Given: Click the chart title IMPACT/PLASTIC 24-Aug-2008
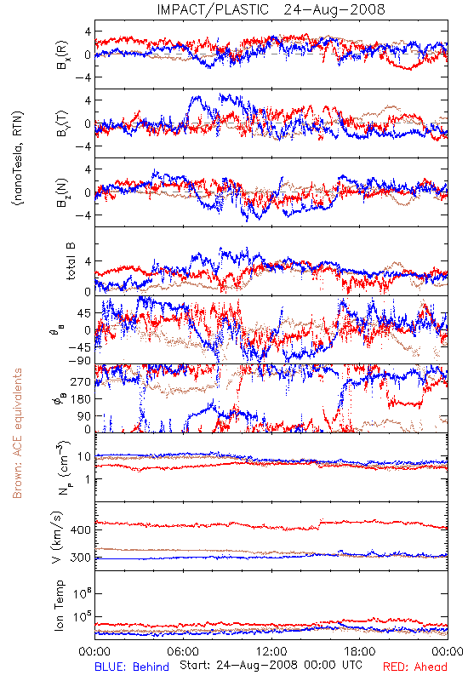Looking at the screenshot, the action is pyautogui.click(x=271, y=9).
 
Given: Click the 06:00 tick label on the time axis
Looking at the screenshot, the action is pyautogui.click(x=183, y=651).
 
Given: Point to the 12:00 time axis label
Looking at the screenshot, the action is pyautogui.click(x=271, y=651).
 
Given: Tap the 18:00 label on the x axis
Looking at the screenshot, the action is pyautogui.click(x=360, y=651).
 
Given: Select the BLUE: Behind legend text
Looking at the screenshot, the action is pyautogui.click(x=132, y=667).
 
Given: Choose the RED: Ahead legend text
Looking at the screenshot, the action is pyautogui.click(x=415, y=667).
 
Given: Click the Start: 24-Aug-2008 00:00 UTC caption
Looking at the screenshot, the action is pyautogui.click(x=271, y=665).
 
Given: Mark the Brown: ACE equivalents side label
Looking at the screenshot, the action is pyautogui.click(x=17, y=433).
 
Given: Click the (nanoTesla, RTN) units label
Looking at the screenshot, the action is pyautogui.click(x=18, y=158).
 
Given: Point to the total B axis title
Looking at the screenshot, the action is pyautogui.click(x=71, y=261).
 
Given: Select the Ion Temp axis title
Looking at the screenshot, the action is pyautogui.click(x=59, y=605).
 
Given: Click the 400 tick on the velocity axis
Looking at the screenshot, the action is pyautogui.click(x=80, y=530).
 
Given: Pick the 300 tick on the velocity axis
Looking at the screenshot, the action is pyautogui.click(x=80, y=558).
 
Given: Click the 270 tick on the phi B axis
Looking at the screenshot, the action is pyautogui.click(x=81, y=381).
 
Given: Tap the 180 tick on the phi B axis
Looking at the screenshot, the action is pyautogui.click(x=81, y=399).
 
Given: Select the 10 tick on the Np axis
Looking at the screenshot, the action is pyautogui.click(x=84, y=457).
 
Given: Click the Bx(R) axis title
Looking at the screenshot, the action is pyautogui.click(x=61, y=54).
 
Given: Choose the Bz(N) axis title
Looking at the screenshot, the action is pyautogui.click(x=61, y=192).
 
